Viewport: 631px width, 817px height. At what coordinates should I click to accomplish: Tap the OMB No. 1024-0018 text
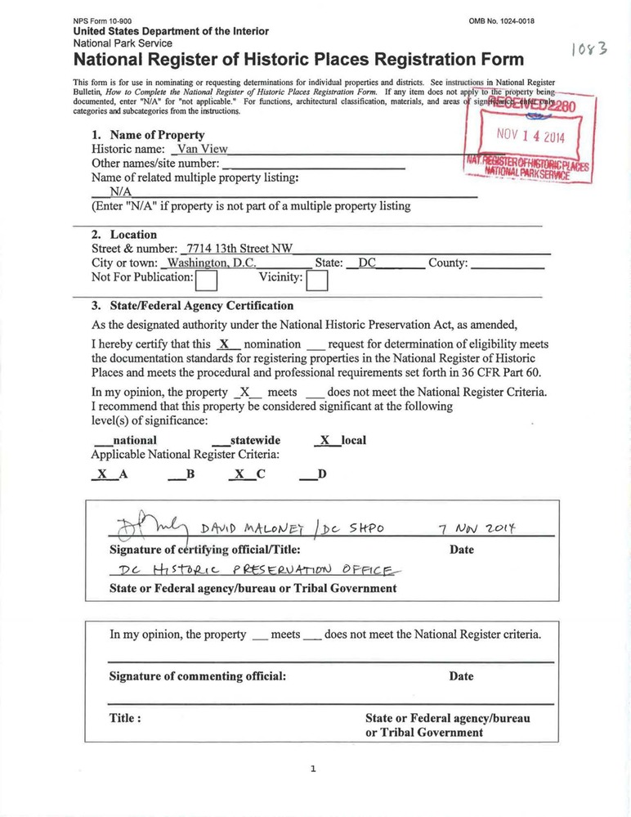502,20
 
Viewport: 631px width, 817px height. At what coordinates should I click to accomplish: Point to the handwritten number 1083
589,50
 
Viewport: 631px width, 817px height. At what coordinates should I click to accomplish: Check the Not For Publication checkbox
207,281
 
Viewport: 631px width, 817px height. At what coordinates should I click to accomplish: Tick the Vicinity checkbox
316,281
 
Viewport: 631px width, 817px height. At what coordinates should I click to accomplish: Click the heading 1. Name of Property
148,135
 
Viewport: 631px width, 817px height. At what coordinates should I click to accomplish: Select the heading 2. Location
123,235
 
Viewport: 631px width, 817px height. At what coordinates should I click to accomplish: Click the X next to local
324,440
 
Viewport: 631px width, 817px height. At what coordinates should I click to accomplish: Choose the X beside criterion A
102,473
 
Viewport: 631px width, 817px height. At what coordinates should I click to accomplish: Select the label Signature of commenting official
198,676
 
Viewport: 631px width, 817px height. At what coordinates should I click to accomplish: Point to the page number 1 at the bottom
313,768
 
